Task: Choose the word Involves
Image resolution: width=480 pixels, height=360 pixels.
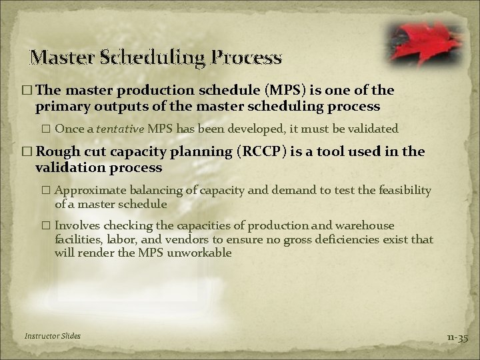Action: pos(75,226)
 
